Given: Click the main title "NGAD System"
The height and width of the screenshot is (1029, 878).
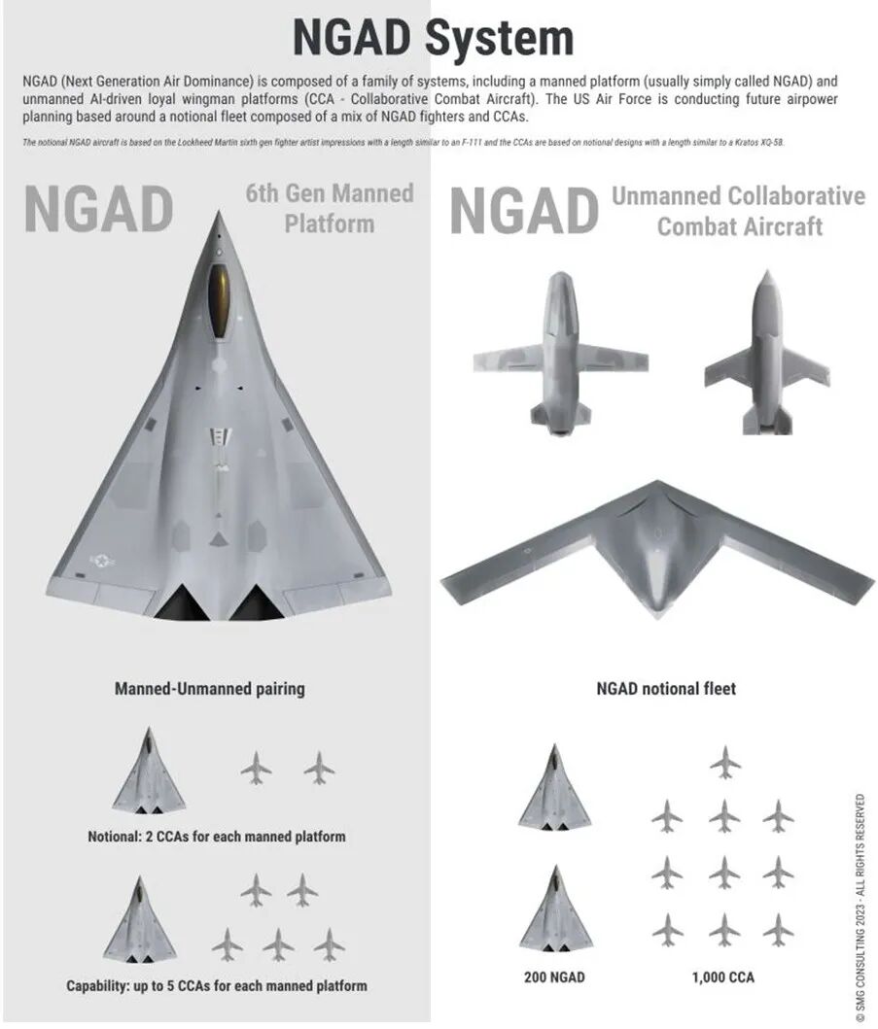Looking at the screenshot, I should click(x=433, y=38).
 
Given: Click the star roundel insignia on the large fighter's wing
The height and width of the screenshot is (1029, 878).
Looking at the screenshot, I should click(x=101, y=561).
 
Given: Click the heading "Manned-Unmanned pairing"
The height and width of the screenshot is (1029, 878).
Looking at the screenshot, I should click(x=209, y=689).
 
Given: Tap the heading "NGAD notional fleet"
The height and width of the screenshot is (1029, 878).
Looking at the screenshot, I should click(x=665, y=689).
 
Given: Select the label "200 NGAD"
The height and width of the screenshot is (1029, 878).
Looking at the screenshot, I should click(x=554, y=977).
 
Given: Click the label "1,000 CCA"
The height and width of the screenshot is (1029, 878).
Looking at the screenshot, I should click(x=722, y=977).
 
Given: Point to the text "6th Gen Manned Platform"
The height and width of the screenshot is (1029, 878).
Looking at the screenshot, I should click(x=329, y=208).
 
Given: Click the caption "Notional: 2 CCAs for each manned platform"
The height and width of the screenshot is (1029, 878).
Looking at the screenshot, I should click(x=216, y=836).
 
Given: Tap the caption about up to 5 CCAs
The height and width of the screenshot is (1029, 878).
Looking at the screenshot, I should click(x=216, y=985).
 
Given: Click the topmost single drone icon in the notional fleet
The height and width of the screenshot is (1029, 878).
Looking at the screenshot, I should click(x=724, y=762).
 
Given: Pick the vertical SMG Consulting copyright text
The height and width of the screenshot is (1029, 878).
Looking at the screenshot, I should click(x=860, y=908).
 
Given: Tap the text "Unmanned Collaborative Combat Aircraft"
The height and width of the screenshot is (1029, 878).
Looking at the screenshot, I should click(x=738, y=211).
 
